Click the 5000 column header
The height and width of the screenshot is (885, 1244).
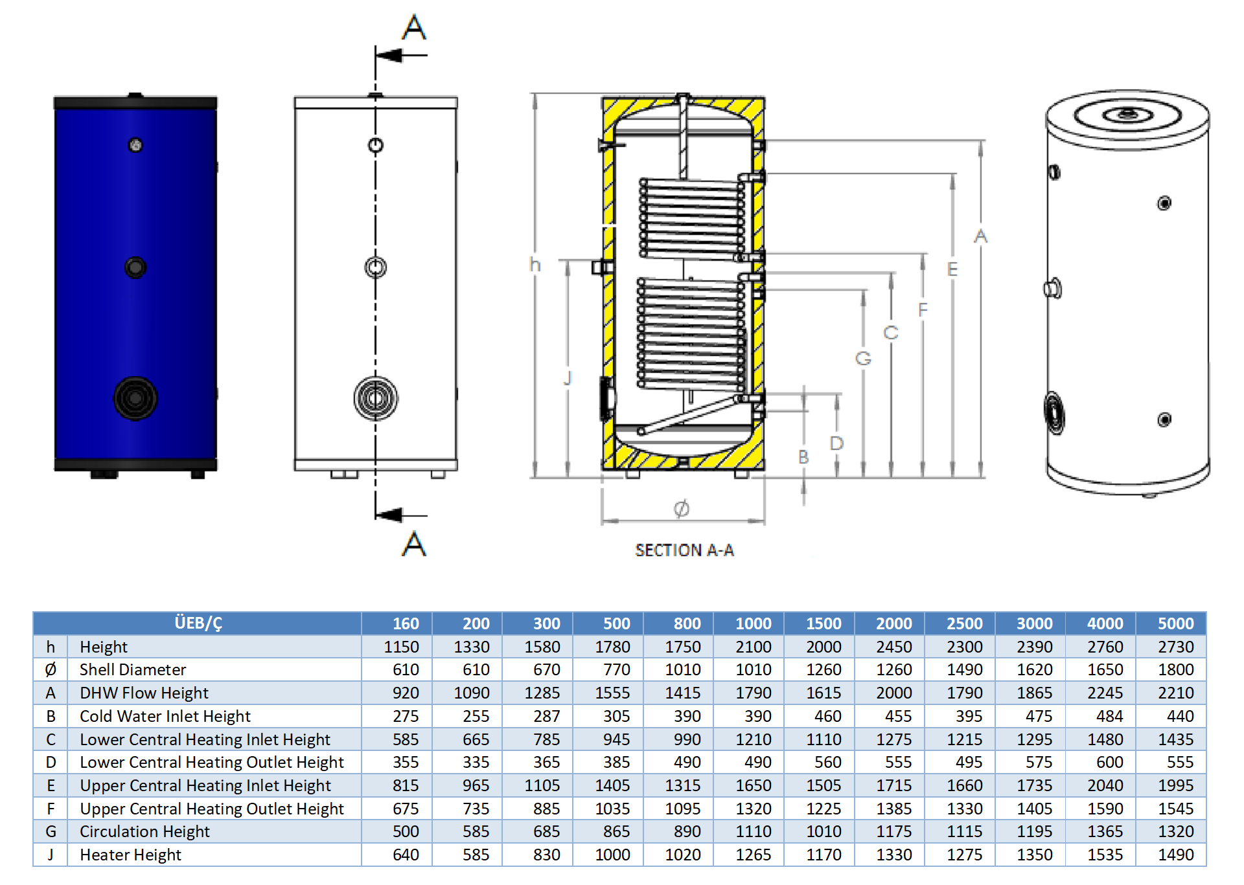(x=1175, y=623)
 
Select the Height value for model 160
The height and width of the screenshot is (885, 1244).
(x=401, y=647)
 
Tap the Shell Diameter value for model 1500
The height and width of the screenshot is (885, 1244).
(x=824, y=669)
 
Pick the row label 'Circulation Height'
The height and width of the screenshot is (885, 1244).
(x=144, y=831)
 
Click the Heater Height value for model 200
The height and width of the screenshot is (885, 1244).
(x=476, y=855)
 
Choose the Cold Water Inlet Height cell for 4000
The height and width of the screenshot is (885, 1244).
(x=1109, y=716)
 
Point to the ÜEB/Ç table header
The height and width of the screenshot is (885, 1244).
(x=198, y=623)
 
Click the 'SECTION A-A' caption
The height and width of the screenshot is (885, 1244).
(x=684, y=550)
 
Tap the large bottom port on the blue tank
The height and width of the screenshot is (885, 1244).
(x=135, y=398)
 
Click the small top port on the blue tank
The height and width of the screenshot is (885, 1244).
(x=135, y=146)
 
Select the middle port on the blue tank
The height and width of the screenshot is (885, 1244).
(x=135, y=267)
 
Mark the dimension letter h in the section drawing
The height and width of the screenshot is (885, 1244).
(x=535, y=265)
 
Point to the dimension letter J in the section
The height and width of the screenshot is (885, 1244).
(x=568, y=377)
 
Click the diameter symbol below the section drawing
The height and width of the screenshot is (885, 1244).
(x=681, y=509)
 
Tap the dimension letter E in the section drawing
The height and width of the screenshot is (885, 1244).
(x=952, y=269)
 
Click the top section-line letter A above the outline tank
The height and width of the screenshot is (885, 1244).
(x=414, y=27)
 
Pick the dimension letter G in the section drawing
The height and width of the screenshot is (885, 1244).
(x=863, y=358)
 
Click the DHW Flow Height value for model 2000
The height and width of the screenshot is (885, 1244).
(x=893, y=693)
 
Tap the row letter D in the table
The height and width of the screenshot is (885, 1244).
(x=51, y=762)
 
